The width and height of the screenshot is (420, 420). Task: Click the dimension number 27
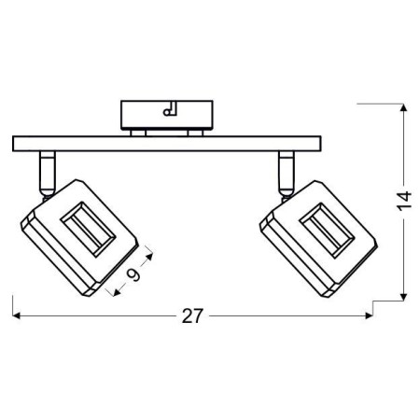pyautogui.click(x=192, y=316)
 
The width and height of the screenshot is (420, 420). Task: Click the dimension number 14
pyautogui.click(x=404, y=200)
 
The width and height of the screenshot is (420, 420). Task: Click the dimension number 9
pyautogui.click(x=133, y=274)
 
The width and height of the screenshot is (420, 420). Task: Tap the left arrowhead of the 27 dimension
pyautogui.click(x=16, y=315)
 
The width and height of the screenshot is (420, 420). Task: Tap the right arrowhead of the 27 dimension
pyautogui.click(x=369, y=315)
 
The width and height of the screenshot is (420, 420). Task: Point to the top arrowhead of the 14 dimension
pyautogui.click(x=403, y=107)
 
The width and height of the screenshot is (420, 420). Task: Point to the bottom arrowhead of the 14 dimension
pyautogui.click(x=403, y=298)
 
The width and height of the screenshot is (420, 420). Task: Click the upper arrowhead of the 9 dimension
pyautogui.click(x=149, y=257)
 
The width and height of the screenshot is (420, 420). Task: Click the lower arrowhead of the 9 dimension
pyautogui.click(x=117, y=292)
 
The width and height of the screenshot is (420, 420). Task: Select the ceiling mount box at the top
pyautogui.click(x=167, y=115)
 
